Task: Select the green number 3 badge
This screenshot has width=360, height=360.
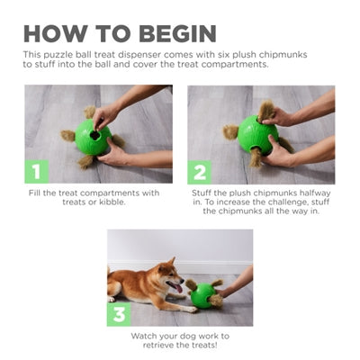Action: click(x=119, y=314)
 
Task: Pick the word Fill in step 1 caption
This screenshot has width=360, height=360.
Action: click(x=38, y=193)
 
